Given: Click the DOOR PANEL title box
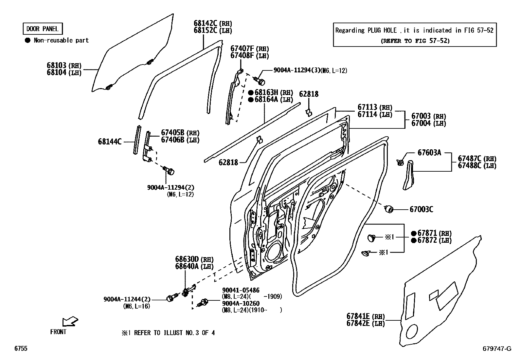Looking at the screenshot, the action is [43, 28].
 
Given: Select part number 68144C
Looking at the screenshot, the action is [110, 142].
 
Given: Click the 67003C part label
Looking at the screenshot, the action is [422, 209].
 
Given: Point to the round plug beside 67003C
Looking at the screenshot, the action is [388, 209].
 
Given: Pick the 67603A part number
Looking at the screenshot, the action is [429, 153].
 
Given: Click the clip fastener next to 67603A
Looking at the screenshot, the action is [400, 162].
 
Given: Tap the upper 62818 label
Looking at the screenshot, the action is [309, 94].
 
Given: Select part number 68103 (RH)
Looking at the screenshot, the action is [64, 65].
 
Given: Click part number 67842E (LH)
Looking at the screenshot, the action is [366, 323].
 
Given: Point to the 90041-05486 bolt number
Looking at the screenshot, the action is [241, 290].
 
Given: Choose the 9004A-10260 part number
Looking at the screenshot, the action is [241, 303].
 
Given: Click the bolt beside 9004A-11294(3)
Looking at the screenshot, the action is [260, 81].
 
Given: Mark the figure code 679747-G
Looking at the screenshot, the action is [497, 349].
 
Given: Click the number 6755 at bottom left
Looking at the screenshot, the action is [21, 348].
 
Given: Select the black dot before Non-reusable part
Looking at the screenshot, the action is [28, 41].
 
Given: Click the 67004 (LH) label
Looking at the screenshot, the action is [429, 123].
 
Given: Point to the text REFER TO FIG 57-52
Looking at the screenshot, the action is [415, 41].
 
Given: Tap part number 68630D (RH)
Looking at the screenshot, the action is [194, 259].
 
